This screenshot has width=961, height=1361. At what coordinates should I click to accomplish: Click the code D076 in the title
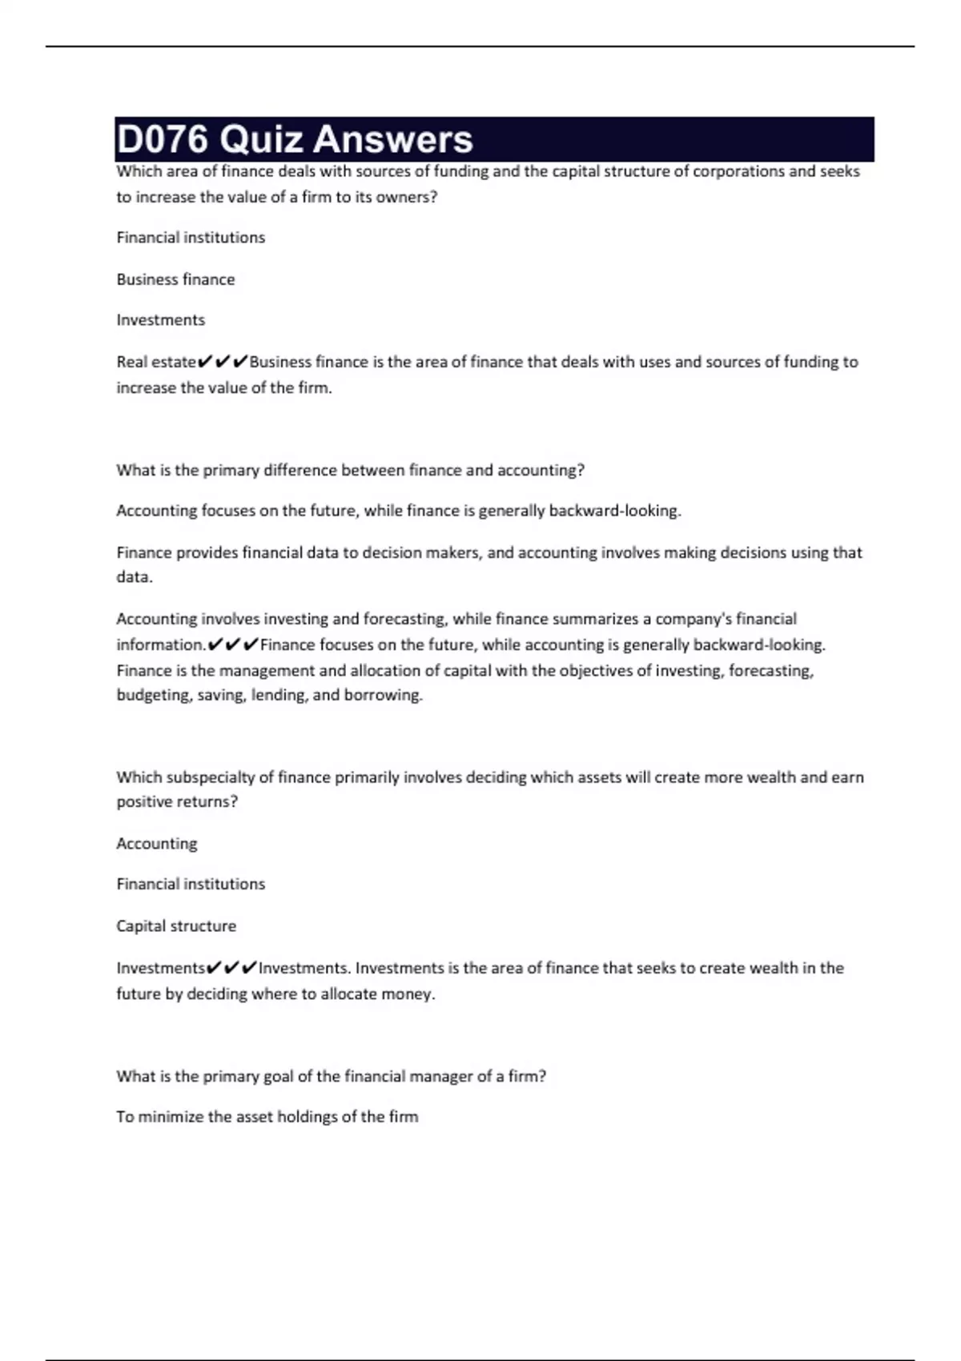click(163, 139)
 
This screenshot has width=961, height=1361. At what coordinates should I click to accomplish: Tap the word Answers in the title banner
click(392, 139)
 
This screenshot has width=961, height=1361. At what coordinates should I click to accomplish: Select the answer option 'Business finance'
click(175, 279)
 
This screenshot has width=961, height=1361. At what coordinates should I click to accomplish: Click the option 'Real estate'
click(155, 362)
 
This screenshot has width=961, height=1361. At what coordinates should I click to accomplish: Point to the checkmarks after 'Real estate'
click(222, 362)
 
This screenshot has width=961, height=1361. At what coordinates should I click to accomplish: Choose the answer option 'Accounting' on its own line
click(156, 843)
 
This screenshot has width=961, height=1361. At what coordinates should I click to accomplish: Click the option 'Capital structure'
click(176, 925)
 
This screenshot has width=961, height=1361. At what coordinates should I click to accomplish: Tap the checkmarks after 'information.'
click(232, 644)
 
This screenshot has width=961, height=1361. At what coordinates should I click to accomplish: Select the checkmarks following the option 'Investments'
click(231, 968)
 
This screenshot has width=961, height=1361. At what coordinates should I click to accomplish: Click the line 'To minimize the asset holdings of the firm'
click(267, 1117)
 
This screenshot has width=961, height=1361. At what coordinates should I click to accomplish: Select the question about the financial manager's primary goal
click(331, 1076)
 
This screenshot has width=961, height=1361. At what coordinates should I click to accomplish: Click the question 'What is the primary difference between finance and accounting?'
click(350, 470)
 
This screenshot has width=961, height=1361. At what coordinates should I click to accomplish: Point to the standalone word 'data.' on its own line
click(134, 577)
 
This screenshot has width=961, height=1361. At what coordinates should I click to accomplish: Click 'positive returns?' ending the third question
click(177, 801)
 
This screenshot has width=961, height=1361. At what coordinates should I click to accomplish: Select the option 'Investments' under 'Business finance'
click(160, 320)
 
